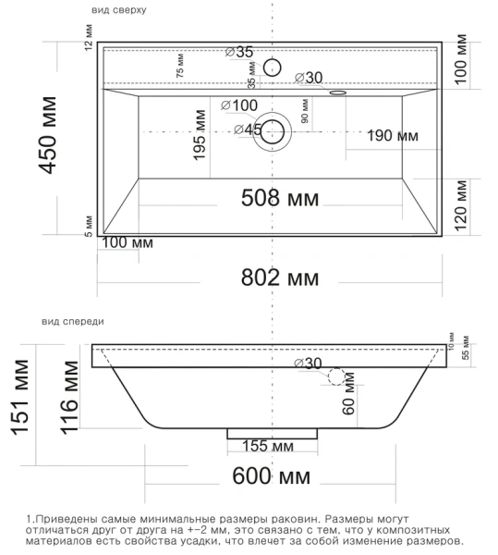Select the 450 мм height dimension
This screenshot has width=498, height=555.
pyautogui.click(x=46, y=141)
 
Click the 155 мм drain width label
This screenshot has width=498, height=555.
pyautogui.click(x=267, y=447)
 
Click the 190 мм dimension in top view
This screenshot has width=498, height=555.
pyautogui.click(x=393, y=136)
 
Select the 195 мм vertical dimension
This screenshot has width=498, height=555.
pyautogui.click(x=199, y=136)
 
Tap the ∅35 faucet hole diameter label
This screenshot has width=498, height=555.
pyautogui.click(x=239, y=53)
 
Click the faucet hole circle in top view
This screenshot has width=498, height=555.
pyautogui.click(x=272, y=67)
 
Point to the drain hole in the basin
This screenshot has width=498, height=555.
pyautogui.click(x=272, y=130)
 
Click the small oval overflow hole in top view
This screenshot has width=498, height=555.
pyautogui.click(x=337, y=92)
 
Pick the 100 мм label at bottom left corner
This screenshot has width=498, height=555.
pyautogui.click(x=127, y=242)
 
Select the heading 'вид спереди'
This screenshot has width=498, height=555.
pyautogui.click(x=73, y=321)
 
